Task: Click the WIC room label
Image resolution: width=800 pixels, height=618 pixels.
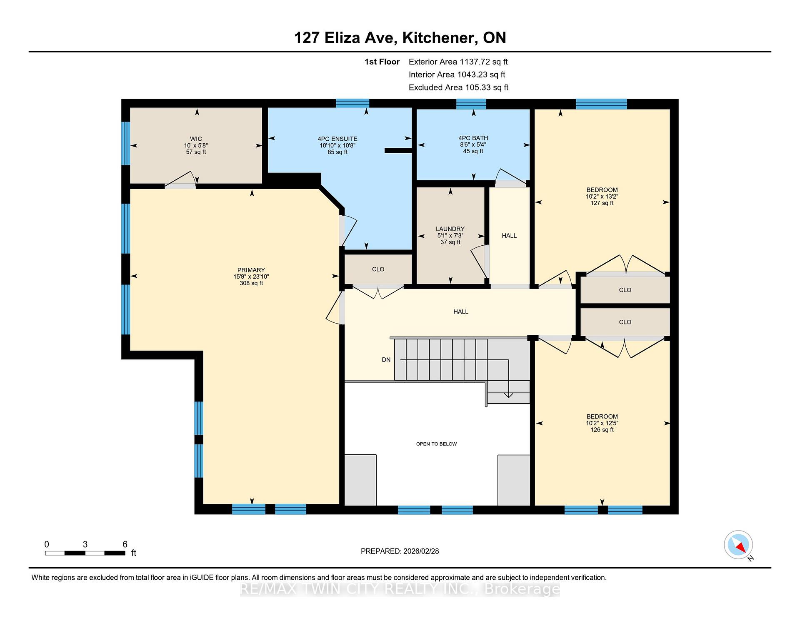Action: (x=196, y=139)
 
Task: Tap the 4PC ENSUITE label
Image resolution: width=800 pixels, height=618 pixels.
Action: (x=337, y=139)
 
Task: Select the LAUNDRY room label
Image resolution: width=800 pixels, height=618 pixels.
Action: (x=450, y=229)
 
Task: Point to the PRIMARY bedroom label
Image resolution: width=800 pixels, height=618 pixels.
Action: (x=251, y=270)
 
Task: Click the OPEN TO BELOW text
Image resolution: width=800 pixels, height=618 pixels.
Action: (x=436, y=444)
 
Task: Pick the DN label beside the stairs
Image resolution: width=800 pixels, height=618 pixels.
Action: (x=386, y=360)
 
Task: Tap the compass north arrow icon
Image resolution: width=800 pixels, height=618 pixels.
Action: (x=738, y=545)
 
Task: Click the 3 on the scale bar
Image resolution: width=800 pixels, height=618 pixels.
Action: (x=85, y=544)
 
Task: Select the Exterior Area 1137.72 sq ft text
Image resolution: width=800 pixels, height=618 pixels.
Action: (x=458, y=62)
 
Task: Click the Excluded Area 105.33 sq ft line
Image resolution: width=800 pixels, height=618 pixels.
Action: (x=459, y=87)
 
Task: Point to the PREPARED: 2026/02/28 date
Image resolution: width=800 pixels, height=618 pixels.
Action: (x=400, y=551)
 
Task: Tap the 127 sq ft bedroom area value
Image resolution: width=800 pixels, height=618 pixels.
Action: (x=602, y=203)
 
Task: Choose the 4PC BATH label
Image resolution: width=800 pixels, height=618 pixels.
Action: (x=473, y=138)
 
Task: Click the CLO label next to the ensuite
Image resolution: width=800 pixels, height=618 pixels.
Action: (x=378, y=269)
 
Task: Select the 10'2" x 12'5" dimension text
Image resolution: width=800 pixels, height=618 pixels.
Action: (x=602, y=423)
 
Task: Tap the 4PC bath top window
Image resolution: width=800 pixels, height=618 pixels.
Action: (x=471, y=104)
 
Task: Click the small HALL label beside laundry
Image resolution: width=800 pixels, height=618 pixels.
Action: (x=509, y=236)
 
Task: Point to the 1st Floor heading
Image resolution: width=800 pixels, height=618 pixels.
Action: (x=382, y=62)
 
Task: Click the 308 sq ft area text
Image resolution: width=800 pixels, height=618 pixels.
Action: (x=251, y=283)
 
